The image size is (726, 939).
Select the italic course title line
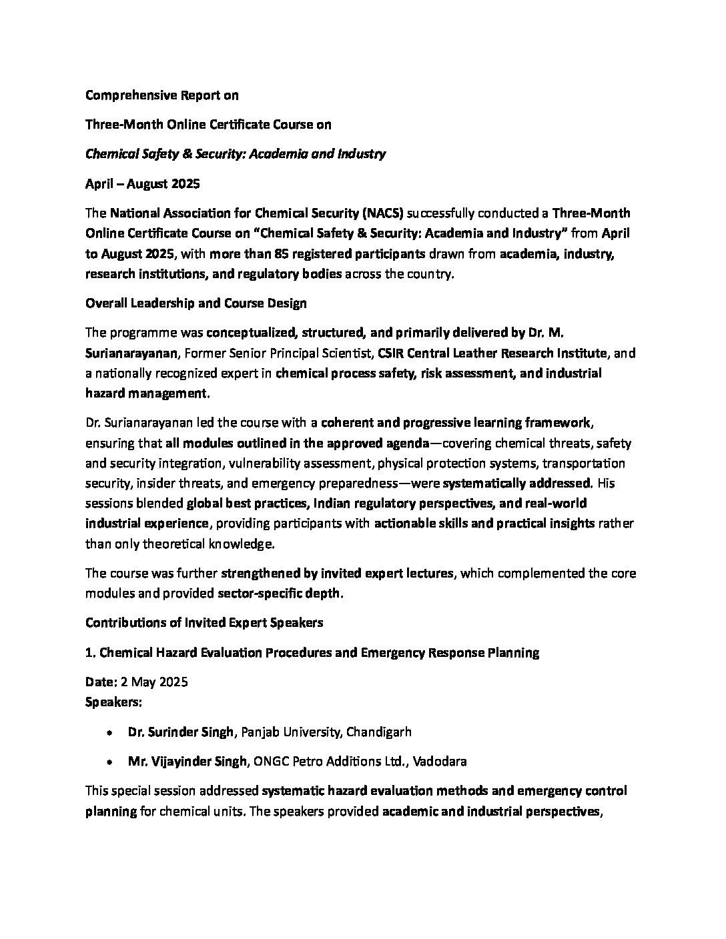coord(236,154)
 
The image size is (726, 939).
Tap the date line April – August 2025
coord(142,183)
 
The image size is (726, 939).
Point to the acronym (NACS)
coord(382,213)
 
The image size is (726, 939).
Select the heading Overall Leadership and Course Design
coord(196,303)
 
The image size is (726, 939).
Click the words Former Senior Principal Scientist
coord(286,353)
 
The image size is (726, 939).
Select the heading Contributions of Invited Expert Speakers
coord(204,622)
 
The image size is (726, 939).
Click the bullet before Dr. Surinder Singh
coord(109,732)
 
